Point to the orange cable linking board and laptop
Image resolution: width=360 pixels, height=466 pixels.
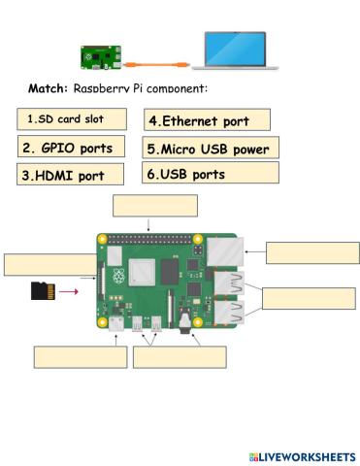tap(155, 60)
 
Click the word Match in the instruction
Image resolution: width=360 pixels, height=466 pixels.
tap(47, 88)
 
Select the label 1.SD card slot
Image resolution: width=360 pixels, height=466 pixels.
tap(73, 119)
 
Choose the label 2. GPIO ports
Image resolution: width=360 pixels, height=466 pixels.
tap(73, 149)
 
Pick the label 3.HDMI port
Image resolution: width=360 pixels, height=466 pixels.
tap(73, 176)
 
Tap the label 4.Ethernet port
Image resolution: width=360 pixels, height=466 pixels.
tap(207, 121)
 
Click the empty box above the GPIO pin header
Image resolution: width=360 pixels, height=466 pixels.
tap(155, 206)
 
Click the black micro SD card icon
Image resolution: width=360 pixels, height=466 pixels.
tap(41, 289)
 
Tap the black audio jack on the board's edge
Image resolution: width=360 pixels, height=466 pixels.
tap(182, 317)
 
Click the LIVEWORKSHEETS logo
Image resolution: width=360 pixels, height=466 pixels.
tap(302, 455)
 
